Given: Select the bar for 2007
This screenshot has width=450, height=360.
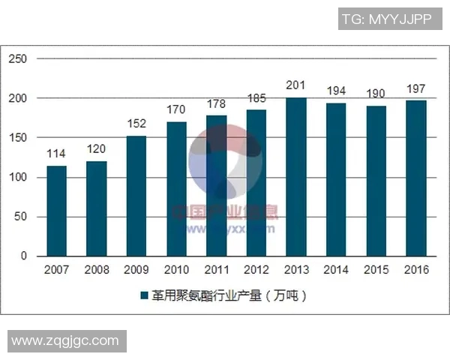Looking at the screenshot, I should coord(56,211).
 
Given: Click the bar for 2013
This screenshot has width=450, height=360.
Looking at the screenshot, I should coord(296,177).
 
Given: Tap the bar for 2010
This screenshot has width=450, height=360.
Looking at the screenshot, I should coord(176,189).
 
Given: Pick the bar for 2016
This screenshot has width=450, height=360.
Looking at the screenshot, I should coord(416,178).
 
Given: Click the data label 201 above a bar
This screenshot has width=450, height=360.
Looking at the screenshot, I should coord(296,85).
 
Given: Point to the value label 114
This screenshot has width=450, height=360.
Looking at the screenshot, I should coord(56,154).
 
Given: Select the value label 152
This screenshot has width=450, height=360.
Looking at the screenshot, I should coord(136,124).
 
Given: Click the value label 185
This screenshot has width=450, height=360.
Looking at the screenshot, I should coord(256,98).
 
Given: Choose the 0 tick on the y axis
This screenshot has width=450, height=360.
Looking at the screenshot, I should coord(23,256).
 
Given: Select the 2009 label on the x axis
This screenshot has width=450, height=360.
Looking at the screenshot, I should coord(136,270).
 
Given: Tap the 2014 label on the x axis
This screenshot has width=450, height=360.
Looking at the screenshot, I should coord(336,270).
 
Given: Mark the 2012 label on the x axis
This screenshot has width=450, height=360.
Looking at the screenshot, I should coord(256,270).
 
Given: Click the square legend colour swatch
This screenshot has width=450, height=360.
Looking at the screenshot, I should coord(144,296).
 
